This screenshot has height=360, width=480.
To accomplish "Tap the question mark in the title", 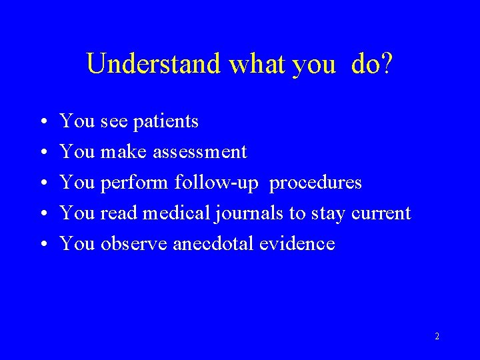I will pyautogui.click(x=386, y=64).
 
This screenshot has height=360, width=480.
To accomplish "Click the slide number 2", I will pyautogui.click(x=437, y=337).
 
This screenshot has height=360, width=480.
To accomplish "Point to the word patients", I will pyautogui.click(x=166, y=122).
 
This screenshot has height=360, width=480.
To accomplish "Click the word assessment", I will pyautogui.click(x=200, y=153).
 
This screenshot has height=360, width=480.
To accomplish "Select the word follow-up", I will pyautogui.click(x=216, y=183).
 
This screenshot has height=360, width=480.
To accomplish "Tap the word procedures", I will pyautogui.click(x=316, y=183).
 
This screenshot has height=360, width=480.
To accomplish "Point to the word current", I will pyautogui.click(x=381, y=213).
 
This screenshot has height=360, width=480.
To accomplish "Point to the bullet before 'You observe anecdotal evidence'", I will pyautogui.click(x=42, y=245).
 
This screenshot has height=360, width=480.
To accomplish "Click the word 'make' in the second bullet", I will pyautogui.click(x=124, y=153).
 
